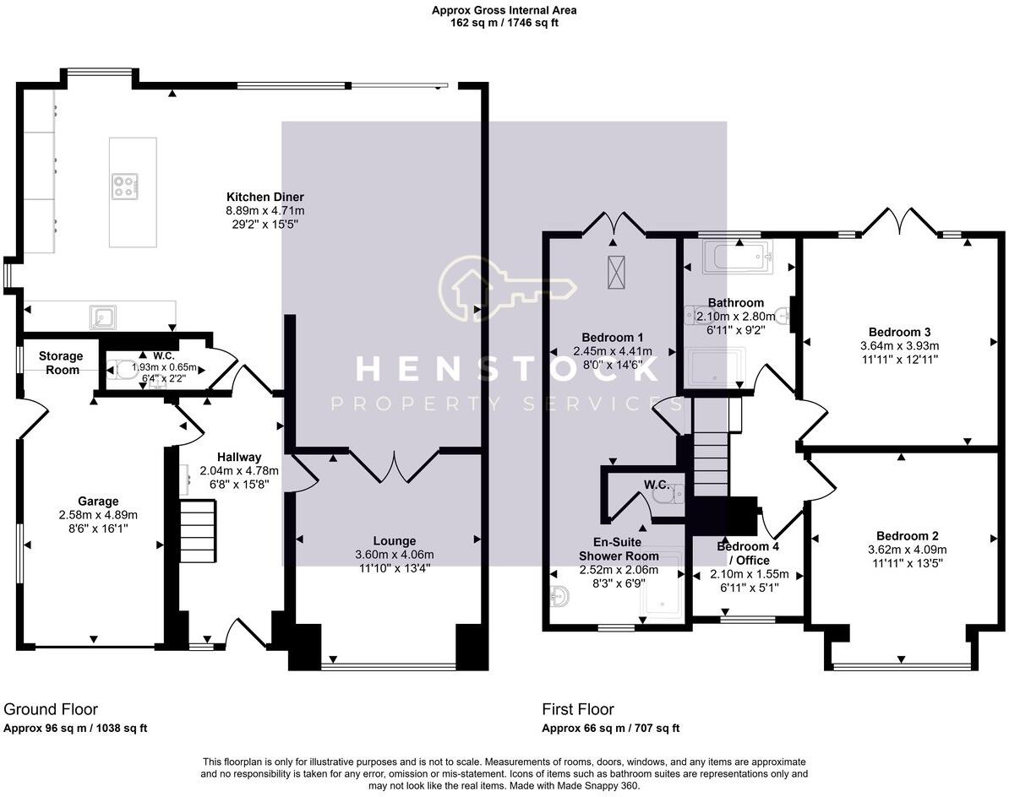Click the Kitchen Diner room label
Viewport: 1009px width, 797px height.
coord(265,197)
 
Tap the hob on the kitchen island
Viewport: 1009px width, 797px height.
coord(124,187)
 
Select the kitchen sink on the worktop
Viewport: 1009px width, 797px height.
coord(102,317)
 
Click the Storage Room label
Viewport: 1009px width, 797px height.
coord(61,362)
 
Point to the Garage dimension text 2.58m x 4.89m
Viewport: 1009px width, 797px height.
coord(99,515)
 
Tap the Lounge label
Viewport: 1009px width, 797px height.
coord(395,541)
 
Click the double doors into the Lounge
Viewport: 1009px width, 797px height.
coord(395,465)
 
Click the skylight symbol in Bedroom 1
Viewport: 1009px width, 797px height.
coord(616,272)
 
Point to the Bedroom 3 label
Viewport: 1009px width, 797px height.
coord(900,333)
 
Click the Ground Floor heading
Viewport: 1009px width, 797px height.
coord(51,709)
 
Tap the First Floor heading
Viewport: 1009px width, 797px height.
coord(578,709)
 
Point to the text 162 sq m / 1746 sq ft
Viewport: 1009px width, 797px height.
coord(504,23)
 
